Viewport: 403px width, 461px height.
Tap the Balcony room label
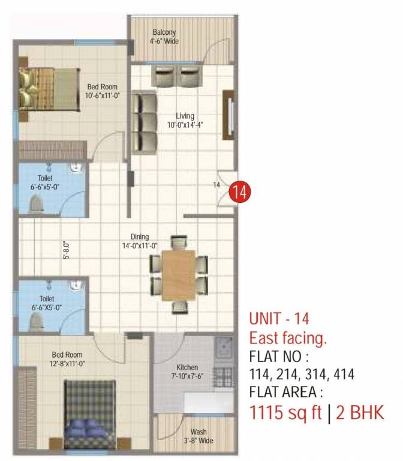click(x=164, y=37)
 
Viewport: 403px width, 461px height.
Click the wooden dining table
click(x=179, y=274)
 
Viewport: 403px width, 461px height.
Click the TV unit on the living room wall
click(x=228, y=116)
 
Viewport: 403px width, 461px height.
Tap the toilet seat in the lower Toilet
click(x=37, y=322)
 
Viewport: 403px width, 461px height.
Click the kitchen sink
click(x=224, y=346)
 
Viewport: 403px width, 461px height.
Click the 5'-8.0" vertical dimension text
click(x=67, y=250)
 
